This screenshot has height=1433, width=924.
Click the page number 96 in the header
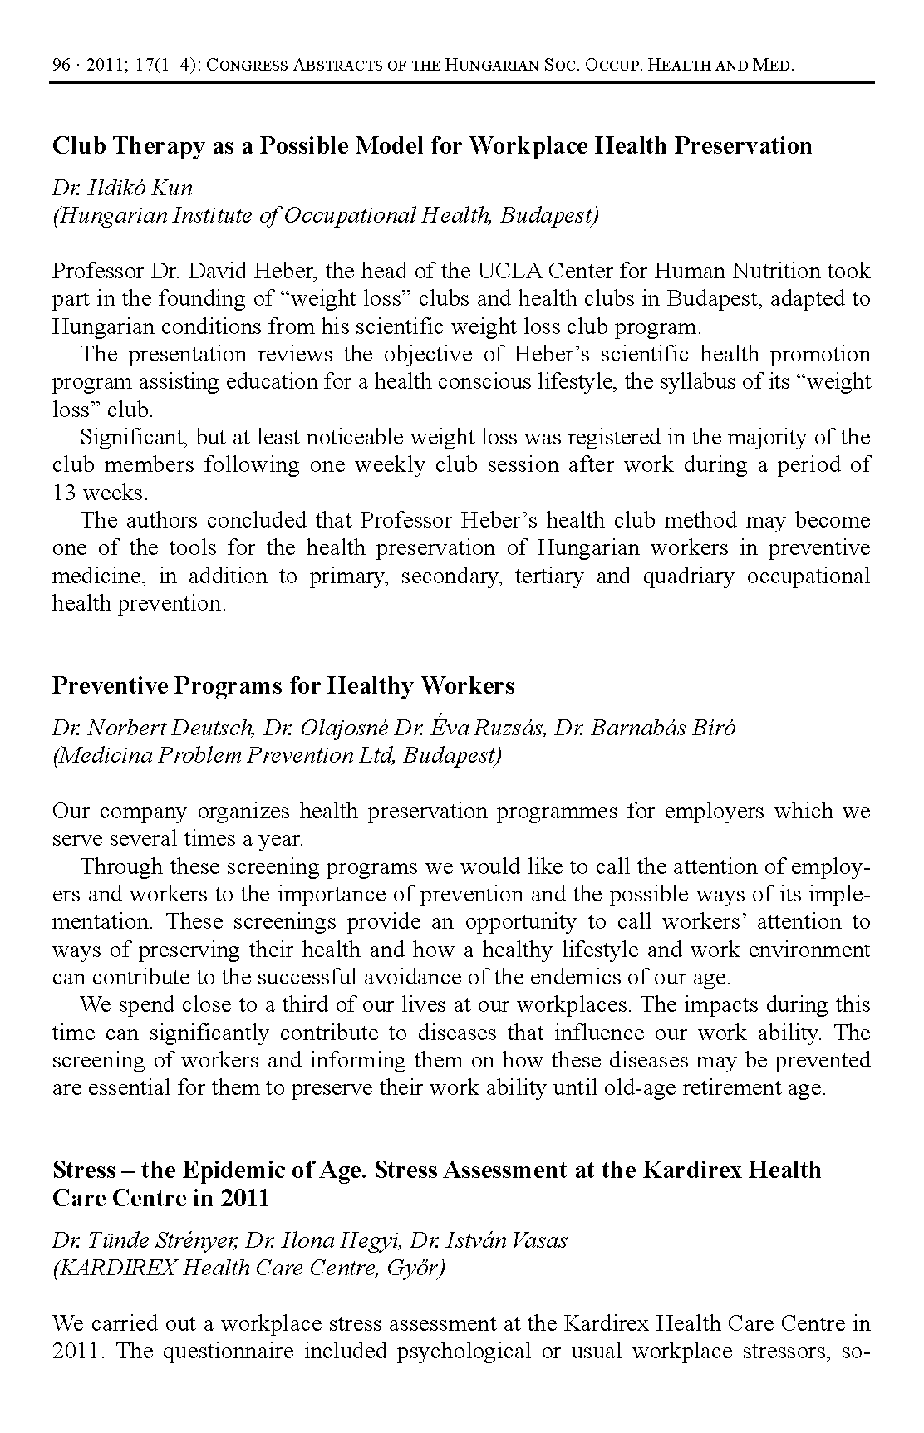coord(61,66)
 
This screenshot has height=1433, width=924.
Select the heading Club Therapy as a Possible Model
coord(431,145)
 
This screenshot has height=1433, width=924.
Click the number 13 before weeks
coord(62,493)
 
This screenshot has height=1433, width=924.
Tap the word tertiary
coord(548,577)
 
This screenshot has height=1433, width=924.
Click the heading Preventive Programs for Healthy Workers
coord(283,686)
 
